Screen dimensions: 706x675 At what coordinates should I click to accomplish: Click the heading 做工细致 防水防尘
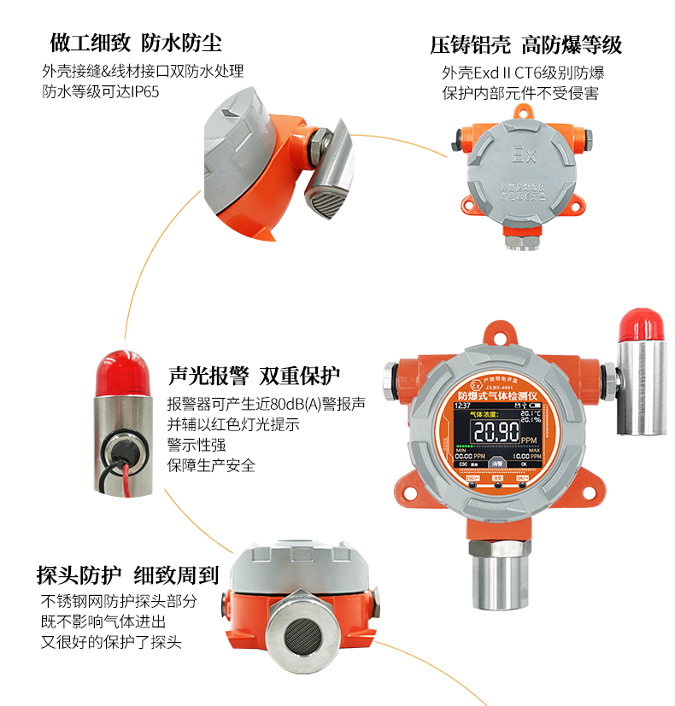tap(136, 43)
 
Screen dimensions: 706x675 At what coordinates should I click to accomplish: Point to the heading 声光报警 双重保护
tap(254, 376)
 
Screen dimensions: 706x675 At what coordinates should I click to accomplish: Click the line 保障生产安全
tap(211, 465)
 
